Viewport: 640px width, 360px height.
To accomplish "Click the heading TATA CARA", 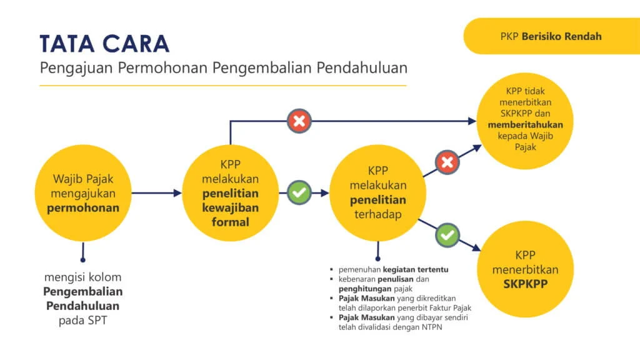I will coord(104,43).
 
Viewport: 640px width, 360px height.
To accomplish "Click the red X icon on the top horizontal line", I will coord(299,121).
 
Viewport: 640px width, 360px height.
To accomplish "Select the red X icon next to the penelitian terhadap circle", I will coord(447,163).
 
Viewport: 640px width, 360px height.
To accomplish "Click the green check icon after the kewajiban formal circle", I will coord(299,192).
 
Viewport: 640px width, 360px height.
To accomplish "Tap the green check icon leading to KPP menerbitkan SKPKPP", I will coord(447,235).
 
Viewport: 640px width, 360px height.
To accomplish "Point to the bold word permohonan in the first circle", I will coord(82,207).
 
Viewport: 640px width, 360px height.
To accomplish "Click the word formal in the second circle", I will coord(229,222).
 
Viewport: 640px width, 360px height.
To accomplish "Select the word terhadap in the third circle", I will coord(377,214).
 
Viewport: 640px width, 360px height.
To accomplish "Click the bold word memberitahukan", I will coord(525,124).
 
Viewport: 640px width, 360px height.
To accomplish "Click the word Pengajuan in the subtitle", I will coord(69,67).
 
